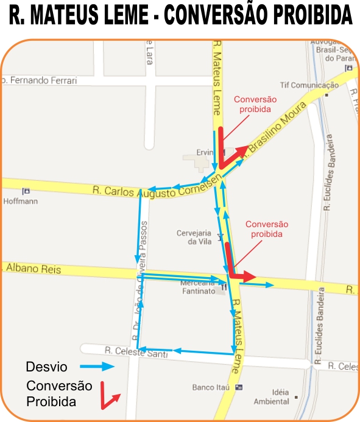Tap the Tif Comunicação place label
(x=309, y=85)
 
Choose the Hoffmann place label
(x=20, y=200)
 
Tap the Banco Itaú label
(x=210, y=387)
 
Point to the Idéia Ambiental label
(x=272, y=396)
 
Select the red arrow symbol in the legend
(x=110, y=396)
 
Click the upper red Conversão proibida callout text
(x=255, y=104)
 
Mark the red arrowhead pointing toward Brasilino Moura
(x=242, y=151)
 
